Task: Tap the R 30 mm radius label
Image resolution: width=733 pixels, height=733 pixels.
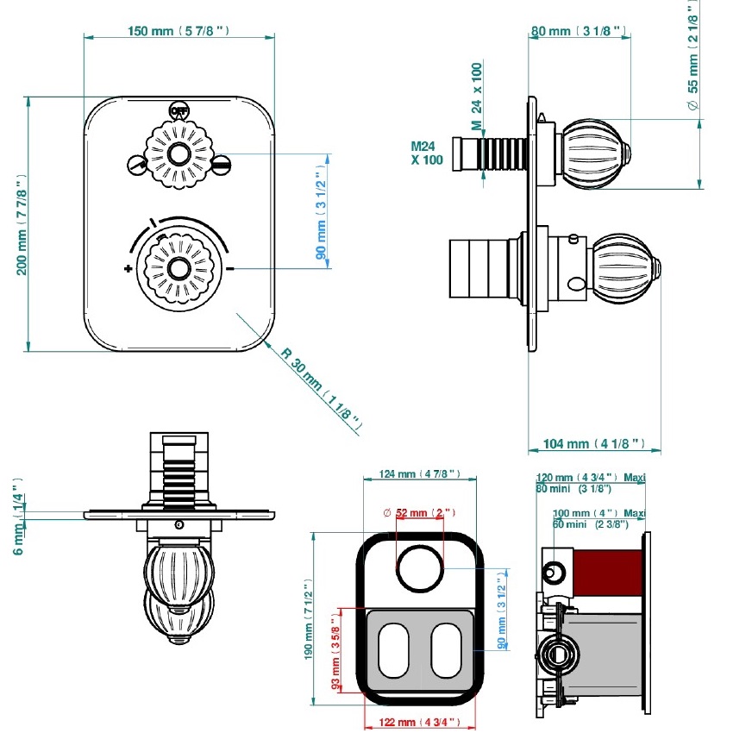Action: pyautogui.click(x=318, y=388)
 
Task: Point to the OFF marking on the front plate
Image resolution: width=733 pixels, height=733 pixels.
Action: pyautogui.click(x=179, y=110)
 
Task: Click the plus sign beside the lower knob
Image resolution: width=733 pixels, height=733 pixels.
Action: pyautogui.click(x=128, y=269)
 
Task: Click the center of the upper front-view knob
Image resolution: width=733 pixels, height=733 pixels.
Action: pyautogui.click(x=179, y=155)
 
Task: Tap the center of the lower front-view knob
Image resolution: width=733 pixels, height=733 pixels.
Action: pyautogui.click(x=179, y=268)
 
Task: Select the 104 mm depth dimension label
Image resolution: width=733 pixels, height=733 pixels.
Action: pyautogui.click(x=594, y=443)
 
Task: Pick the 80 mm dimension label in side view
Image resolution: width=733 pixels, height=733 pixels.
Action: pyautogui.click(x=579, y=31)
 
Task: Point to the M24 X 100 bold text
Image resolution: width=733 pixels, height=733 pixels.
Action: pyautogui.click(x=427, y=153)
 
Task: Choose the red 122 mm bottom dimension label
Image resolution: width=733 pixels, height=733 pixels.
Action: pyautogui.click(x=418, y=722)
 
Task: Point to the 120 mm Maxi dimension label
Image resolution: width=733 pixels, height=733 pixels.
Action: pyautogui.click(x=591, y=478)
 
